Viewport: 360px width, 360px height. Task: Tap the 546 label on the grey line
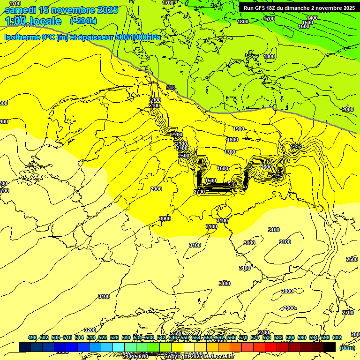170,88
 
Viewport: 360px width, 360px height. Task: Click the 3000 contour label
165,218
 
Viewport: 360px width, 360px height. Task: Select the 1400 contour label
312,18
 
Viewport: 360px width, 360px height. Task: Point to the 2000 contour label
348,109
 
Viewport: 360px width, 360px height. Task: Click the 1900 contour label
239,129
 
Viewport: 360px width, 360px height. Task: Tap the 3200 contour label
90,330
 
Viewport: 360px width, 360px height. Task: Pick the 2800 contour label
287,291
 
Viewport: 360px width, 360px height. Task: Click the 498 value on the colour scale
32,337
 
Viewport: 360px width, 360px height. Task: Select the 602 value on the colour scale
337,337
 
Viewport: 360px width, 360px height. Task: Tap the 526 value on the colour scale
114,337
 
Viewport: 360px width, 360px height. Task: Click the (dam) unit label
347,347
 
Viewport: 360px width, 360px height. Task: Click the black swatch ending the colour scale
330,347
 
